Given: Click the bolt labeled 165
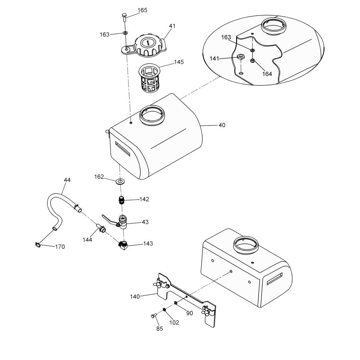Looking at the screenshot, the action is click(124, 17).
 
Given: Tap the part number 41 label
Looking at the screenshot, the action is click(172, 26).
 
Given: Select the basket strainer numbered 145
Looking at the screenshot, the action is click(149, 78).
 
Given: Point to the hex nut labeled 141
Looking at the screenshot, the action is click(240, 57).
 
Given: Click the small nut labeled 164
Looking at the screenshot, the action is click(252, 61).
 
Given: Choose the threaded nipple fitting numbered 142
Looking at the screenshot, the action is click(121, 200).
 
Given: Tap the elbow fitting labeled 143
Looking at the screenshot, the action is click(123, 246).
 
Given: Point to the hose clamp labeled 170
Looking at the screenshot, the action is click(38, 245).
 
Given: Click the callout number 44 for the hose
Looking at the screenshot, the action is click(67, 180).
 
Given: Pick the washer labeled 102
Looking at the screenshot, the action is click(165, 310).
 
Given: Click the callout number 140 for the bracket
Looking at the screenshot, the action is click(135, 297).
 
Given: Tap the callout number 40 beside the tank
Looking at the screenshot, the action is click(222, 125).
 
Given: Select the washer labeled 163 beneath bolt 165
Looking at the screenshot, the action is click(125, 33).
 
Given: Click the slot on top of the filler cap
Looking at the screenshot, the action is click(148, 42).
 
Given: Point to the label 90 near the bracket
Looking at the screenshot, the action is click(189, 313).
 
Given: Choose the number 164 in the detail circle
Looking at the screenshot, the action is click(267, 74).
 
